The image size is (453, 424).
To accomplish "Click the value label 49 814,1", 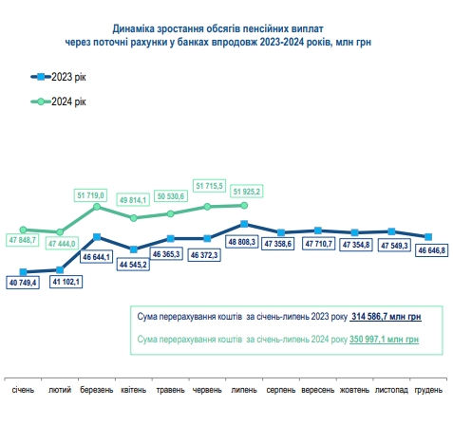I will click(135, 200).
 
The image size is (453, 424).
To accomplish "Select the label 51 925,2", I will click(245, 191).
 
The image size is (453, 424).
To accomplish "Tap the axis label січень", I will click(23, 389).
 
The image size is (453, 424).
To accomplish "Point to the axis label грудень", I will click(429, 389).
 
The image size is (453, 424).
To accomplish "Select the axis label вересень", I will click(318, 389).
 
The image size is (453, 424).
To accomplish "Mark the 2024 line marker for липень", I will click(245, 205).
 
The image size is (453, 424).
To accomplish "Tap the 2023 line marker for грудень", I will click(428, 236).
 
